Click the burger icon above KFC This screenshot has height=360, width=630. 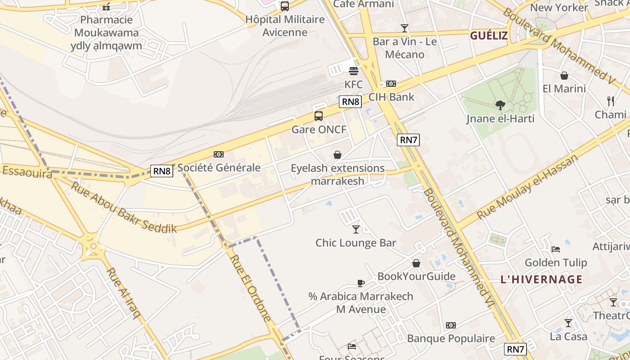coord(354,71)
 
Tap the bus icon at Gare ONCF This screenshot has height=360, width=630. coord(319,116)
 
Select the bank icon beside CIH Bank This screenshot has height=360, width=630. coord(391,84)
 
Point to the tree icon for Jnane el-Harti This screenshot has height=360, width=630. coord(500,105)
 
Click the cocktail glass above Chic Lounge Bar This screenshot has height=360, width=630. coord(356,229)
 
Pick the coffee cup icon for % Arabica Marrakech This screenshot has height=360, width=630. coord(360,283)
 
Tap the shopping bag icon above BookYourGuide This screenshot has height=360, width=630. coord(416,263)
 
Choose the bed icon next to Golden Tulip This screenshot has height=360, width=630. coord(556,249)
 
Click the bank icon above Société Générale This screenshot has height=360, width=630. coord(219,154)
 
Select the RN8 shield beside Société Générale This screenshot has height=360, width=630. coord(162,171)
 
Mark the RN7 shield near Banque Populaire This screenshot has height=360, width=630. coord(516,349)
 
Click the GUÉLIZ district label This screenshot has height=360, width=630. coord(489,36)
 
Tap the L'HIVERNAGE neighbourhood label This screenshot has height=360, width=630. coord(541,279)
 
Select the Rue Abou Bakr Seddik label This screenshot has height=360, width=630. coord(124,207)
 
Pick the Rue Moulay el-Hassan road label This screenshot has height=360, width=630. coord(527,186)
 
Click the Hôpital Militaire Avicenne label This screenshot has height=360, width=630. coord(285,26)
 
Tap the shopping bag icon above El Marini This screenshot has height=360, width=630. coord(564,76)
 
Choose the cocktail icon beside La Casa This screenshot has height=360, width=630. coord(568,323)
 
